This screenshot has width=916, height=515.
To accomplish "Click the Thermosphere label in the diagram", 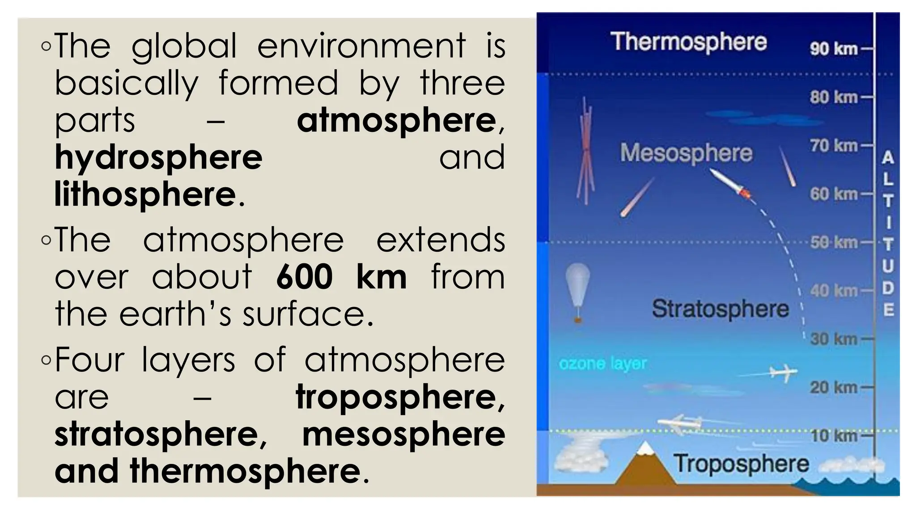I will [x=688, y=42].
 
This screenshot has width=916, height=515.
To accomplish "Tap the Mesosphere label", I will [x=686, y=153].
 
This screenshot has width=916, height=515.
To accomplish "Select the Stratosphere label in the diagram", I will [x=720, y=309].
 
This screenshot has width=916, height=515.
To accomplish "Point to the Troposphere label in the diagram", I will [x=742, y=464].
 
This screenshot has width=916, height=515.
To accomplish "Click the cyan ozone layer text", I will [x=603, y=364].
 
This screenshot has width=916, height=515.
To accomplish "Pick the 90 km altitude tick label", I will [x=834, y=49].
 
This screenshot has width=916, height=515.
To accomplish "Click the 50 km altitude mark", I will [x=834, y=242].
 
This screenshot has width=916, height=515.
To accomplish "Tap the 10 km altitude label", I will [x=834, y=435].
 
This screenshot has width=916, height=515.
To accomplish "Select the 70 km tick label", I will [x=834, y=146].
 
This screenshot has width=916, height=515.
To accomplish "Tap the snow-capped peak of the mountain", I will [x=645, y=448].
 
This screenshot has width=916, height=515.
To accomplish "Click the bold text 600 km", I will [x=341, y=277].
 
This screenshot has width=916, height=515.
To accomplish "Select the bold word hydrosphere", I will [x=158, y=157].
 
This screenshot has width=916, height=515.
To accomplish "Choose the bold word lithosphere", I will [x=145, y=194].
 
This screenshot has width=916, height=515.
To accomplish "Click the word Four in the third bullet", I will [x=89, y=359].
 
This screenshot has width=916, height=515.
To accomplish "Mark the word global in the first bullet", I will [x=184, y=46].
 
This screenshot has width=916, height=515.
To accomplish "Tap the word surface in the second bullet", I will [x=308, y=314].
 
